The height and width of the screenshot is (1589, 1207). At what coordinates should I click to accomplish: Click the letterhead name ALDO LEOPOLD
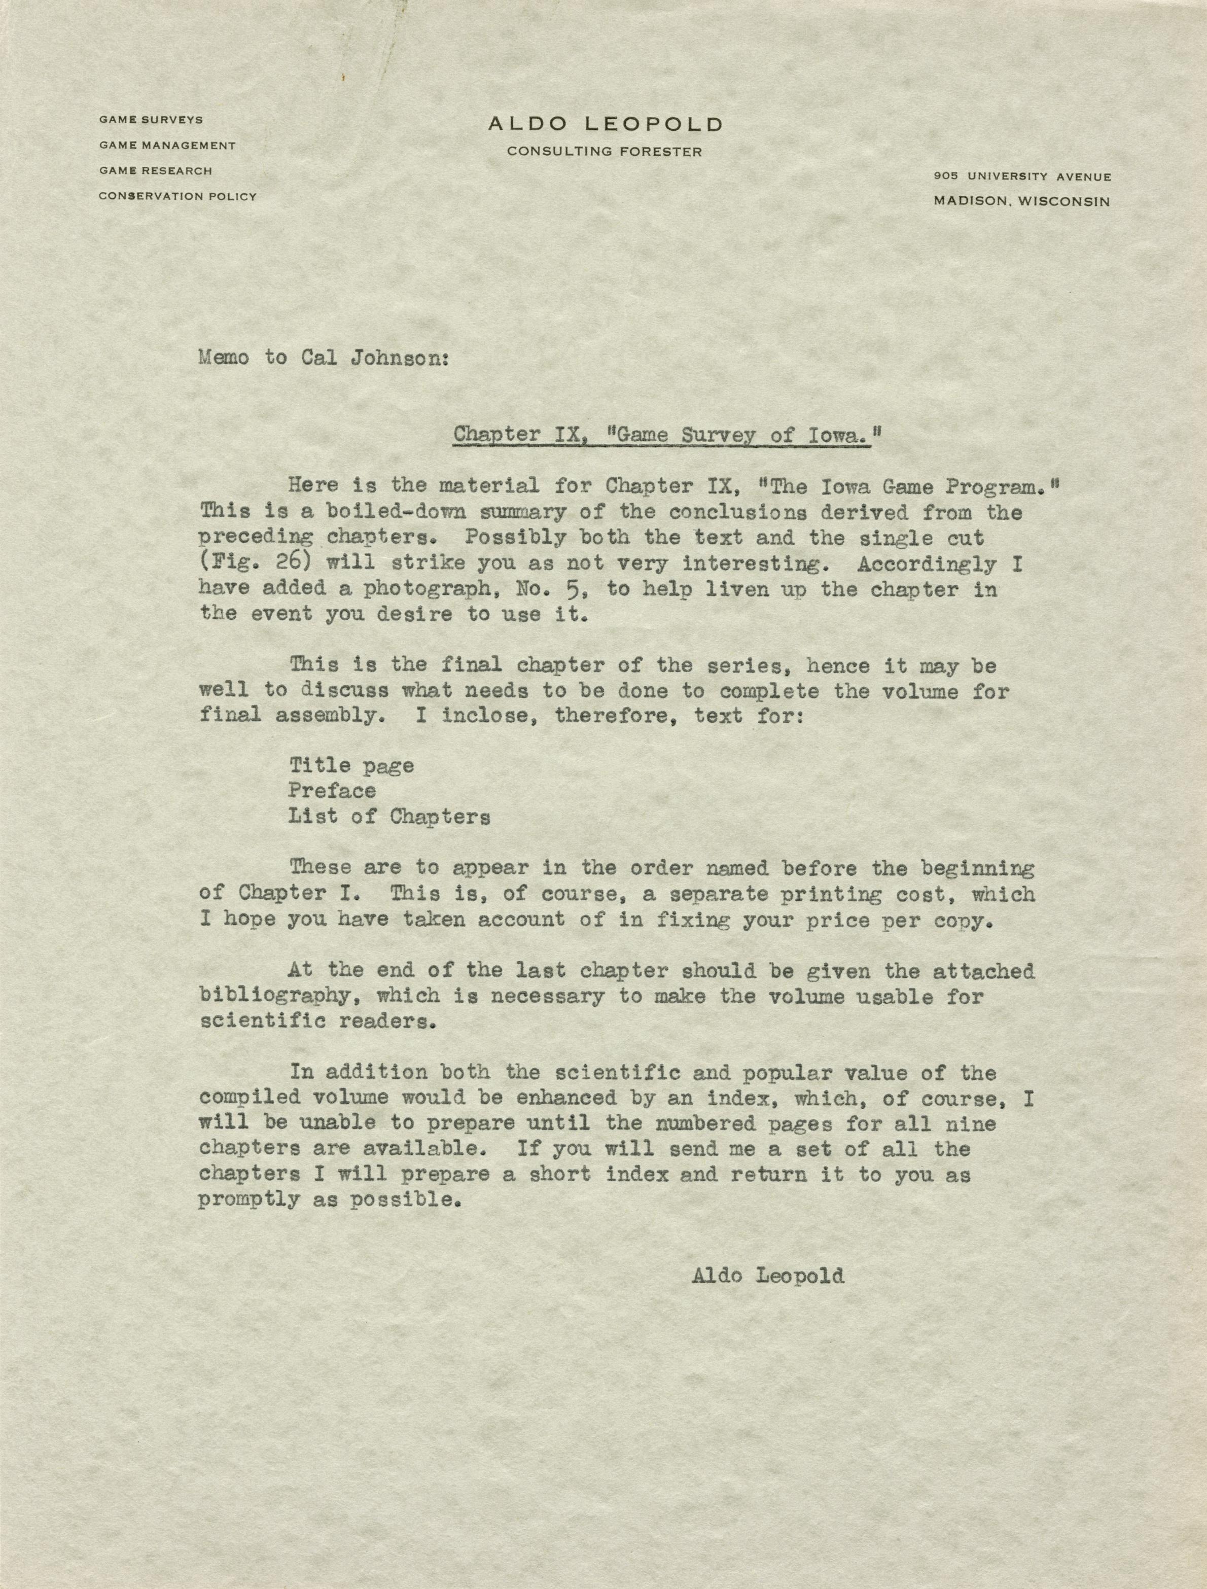pos(605,124)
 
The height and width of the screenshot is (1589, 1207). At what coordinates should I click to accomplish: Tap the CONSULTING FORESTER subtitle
pos(604,152)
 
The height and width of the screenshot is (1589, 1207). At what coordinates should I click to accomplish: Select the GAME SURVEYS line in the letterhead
pos(151,120)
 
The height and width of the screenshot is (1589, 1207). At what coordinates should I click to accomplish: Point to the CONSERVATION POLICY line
pos(177,196)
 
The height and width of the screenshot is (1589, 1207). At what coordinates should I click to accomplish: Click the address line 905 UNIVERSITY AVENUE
pos(1022,176)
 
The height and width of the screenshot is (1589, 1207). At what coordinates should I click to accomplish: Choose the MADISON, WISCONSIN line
pos(1021,202)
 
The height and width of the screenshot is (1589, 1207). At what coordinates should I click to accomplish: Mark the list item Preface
pos(332,791)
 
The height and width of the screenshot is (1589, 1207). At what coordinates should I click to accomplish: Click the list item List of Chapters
pos(389,817)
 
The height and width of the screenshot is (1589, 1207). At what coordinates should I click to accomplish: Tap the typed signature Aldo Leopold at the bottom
pos(767,1275)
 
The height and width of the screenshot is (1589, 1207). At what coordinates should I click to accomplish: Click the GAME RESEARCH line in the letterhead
pos(156,171)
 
